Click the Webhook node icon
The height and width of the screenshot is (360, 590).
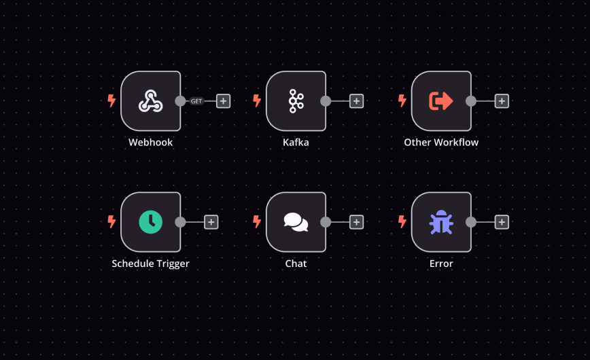[x=150, y=101]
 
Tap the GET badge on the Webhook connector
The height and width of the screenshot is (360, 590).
[x=196, y=101]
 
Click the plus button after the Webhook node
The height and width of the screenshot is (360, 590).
[x=224, y=101]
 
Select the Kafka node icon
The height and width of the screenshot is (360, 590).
[x=296, y=101]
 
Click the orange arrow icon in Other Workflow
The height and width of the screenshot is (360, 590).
[x=441, y=101]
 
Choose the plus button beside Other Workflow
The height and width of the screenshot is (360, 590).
[x=502, y=101]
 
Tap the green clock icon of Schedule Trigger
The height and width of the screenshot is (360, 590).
[x=150, y=222]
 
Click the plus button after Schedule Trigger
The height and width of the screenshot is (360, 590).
[x=211, y=222]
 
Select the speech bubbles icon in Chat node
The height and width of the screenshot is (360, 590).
[x=296, y=222]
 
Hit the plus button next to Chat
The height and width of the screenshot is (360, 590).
[x=356, y=222]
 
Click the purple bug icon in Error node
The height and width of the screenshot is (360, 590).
[x=441, y=222]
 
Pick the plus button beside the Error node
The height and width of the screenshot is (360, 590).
[x=502, y=222]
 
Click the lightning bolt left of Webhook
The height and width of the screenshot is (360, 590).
[x=112, y=101]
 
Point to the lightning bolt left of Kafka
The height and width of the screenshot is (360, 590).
[x=257, y=101]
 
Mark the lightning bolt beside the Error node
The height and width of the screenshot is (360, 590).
[x=402, y=222]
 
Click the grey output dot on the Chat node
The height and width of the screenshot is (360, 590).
[x=326, y=222]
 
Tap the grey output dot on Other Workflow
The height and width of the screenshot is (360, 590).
[x=471, y=101]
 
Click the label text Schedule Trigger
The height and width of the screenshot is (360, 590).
[x=150, y=264]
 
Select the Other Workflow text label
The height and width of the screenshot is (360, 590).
[x=441, y=143]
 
